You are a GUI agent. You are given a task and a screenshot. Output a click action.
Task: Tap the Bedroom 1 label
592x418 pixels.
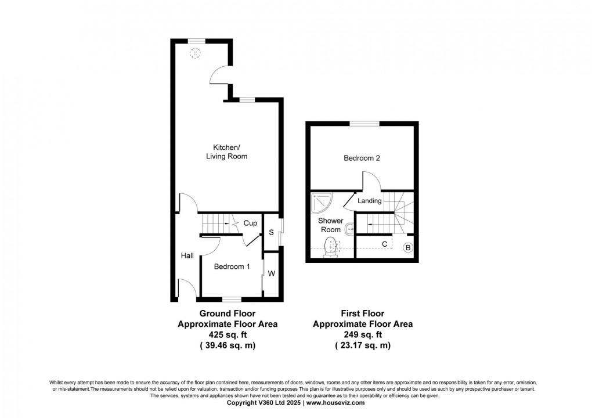[x=232, y=267]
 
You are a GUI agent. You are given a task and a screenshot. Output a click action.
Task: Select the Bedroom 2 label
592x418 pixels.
[x=362, y=158]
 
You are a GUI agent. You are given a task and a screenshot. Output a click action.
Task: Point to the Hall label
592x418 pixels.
[x=187, y=255]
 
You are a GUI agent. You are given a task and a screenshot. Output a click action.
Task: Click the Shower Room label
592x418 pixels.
[x=330, y=225]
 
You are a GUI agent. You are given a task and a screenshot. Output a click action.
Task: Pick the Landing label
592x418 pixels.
[x=370, y=201]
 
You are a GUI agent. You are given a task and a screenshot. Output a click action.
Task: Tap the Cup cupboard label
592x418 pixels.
[x=250, y=223]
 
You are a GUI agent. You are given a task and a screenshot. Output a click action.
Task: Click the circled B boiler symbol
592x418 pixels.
[x=408, y=248]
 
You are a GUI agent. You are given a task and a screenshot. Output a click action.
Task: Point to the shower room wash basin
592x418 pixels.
[x=349, y=230]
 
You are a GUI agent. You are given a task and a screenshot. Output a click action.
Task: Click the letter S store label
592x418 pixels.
[x=270, y=233]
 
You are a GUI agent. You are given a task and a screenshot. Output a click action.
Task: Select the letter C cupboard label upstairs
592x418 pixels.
[x=384, y=244]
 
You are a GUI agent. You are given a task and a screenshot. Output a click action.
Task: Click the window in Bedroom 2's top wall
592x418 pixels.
[x=364, y=122]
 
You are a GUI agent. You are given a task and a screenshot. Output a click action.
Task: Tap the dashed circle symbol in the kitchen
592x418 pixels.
[x=197, y=53]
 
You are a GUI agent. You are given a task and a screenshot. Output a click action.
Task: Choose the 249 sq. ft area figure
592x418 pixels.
[x=363, y=335]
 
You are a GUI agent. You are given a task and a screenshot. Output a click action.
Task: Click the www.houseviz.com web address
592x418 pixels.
[x=335, y=402]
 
